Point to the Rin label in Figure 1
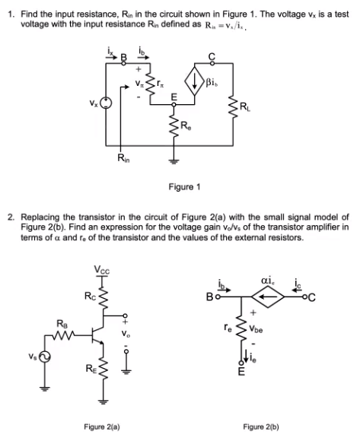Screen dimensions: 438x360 coord(123,157)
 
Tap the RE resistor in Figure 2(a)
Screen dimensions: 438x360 coord(100,372)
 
